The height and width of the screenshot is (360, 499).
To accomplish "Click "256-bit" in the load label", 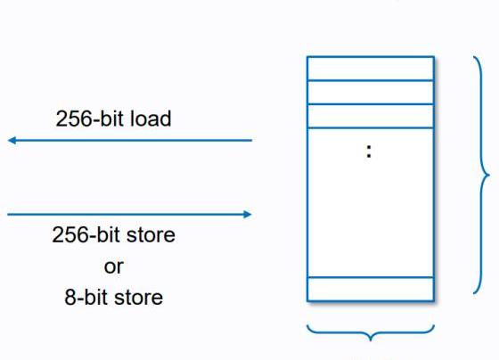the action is (89, 119).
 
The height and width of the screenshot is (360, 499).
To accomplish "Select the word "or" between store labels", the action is (114, 266).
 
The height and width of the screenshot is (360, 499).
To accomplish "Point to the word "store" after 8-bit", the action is (138, 298).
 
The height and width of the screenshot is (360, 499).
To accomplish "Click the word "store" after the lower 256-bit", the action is (151, 235).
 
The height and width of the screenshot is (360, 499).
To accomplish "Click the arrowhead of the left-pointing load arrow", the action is (12, 140).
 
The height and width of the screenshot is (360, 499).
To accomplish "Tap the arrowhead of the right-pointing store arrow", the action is (248, 214).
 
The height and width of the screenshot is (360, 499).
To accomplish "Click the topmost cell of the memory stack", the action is (371, 69).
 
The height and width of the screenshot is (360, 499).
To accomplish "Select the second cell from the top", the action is (371, 93).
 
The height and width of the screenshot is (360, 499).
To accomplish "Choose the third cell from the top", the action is (371, 116).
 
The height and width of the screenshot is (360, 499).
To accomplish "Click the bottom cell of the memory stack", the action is (371, 289).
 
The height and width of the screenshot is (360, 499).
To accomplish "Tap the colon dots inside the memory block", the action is (369, 151).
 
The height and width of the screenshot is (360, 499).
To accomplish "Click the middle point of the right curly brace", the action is (488, 175).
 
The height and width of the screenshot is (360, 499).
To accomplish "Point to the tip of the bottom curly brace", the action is (371, 340).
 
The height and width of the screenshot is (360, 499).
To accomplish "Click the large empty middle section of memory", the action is (371, 203).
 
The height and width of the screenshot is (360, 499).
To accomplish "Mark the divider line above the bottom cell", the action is (371, 277).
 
